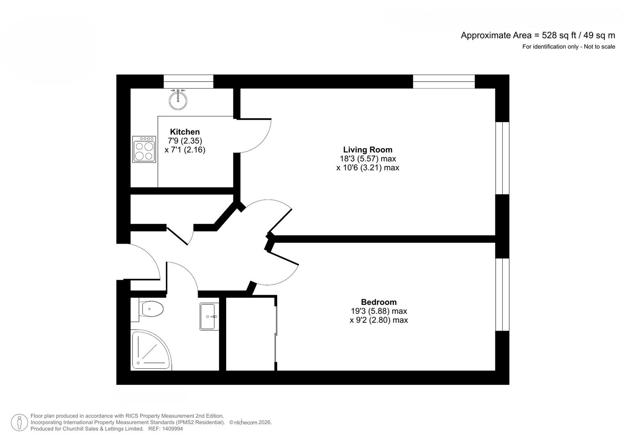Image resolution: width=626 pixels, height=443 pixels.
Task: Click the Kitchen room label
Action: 185,132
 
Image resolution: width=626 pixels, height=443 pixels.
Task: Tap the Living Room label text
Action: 368,150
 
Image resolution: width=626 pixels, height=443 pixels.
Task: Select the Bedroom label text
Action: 378,302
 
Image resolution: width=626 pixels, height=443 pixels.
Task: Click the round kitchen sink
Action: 178,100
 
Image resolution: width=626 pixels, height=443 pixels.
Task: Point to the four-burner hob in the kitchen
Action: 144,149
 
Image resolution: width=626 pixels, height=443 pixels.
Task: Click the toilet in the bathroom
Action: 151,309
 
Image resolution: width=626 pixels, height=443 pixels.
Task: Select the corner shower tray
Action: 150,350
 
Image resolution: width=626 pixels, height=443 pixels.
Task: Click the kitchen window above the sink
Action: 188,82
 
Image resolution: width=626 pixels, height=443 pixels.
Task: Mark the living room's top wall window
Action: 444,82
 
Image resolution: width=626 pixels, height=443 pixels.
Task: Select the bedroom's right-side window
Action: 502,294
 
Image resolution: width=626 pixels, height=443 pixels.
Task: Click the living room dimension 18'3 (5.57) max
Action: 368,159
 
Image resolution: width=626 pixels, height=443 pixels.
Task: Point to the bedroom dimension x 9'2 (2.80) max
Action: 378,320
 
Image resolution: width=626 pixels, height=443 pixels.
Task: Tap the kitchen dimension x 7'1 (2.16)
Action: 185,150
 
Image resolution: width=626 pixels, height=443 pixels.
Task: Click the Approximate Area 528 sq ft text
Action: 537,35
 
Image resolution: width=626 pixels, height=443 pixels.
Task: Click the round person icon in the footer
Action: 19,422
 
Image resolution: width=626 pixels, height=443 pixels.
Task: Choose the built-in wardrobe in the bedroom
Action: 250,333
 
